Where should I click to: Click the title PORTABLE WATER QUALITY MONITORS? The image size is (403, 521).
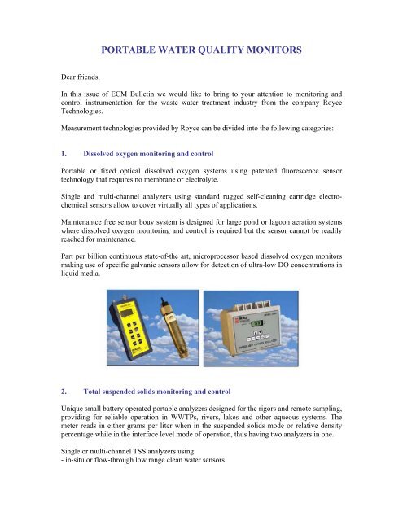(201, 50)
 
